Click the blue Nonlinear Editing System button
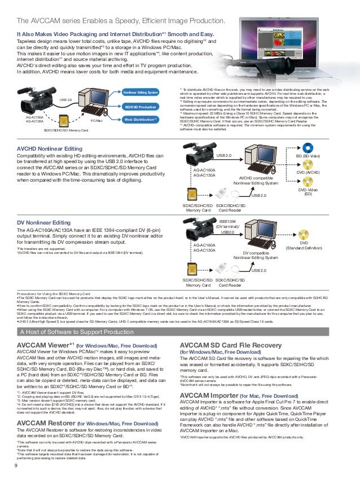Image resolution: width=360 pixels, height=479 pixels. pyautogui.click(x=141, y=92)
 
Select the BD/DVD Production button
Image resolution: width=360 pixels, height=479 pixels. pyautogui.click(x=141, y=106)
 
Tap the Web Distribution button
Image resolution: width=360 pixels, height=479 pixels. pyautogui.click(x=141, y=120)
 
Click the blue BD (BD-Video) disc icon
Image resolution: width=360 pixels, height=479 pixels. pyautogui.click(x=306, y=146)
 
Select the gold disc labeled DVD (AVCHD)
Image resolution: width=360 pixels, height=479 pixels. pyautogui.click(x=306, y=164)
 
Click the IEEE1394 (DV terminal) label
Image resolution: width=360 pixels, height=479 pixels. pyautogui.click(x=227, y=226)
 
